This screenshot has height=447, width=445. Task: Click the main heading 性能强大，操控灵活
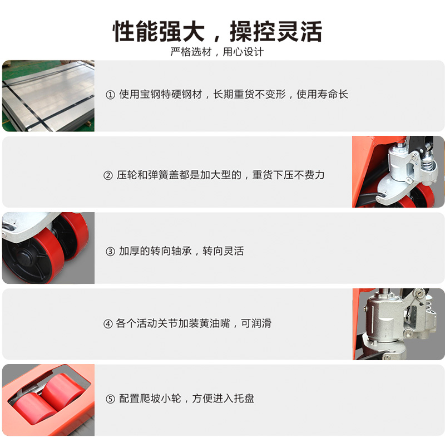217,31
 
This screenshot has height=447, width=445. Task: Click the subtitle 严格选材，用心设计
217,52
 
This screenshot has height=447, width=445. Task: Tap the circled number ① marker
110,95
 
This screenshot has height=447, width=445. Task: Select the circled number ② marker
108,175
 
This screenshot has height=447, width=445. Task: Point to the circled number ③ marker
110,252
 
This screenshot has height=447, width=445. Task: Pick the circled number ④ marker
108,324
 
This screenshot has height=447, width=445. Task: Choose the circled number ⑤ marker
110,399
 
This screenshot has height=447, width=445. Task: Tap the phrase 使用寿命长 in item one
322,94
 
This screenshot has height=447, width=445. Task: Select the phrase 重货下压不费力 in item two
288,175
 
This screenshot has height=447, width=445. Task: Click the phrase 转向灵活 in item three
223,251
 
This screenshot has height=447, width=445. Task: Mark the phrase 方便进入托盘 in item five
223,398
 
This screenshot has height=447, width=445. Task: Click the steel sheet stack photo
48,96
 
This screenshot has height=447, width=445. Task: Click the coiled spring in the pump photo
429,163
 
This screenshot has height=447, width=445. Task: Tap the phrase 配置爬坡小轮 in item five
150,398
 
